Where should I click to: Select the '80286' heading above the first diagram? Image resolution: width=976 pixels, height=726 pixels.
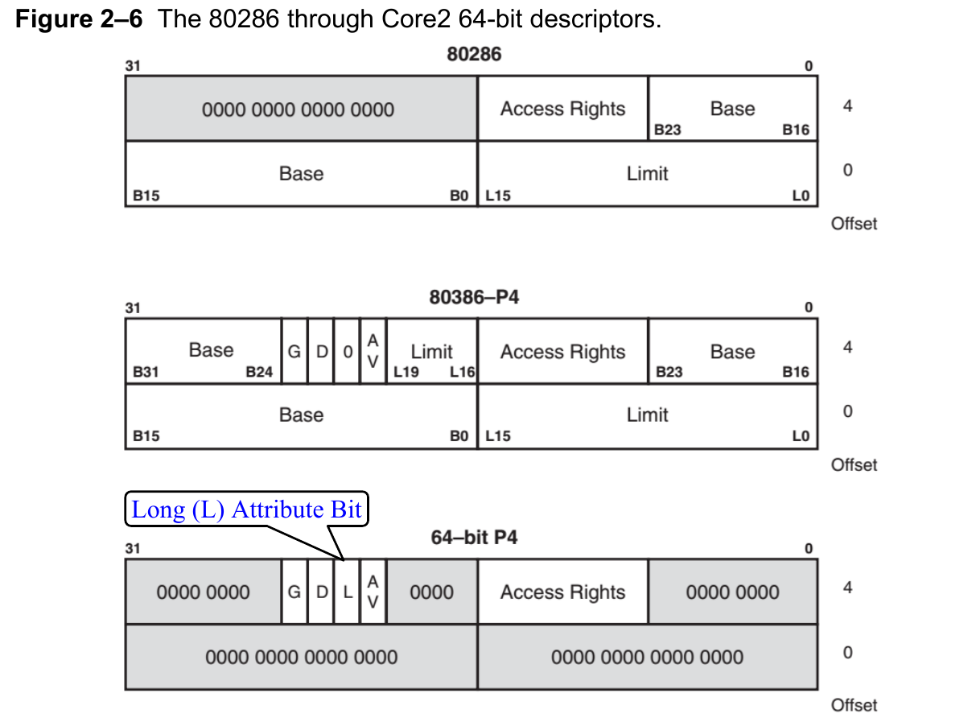click(x=474, y=55)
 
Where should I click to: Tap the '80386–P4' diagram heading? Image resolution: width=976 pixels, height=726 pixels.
click(x=474, y=297)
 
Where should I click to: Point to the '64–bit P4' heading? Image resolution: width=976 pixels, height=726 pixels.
click(x=474, y=537)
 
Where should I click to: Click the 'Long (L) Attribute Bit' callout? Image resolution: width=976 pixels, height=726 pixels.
click(x=246, y=509)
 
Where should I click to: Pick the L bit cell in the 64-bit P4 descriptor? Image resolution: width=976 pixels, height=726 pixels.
click(x=348, y=592)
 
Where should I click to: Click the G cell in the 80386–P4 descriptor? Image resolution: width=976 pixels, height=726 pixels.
click(x=294, y=352)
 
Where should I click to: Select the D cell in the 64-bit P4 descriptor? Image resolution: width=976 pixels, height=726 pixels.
click(x=321, y=592)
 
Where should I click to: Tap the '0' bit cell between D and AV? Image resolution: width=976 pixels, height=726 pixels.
click(x=348, y=352)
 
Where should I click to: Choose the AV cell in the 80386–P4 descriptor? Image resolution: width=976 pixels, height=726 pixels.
click(x=373, y=352)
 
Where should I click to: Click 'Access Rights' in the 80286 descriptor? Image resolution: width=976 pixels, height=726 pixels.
click(x=562, y=109)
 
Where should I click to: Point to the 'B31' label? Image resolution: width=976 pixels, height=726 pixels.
click(x=146, y=372)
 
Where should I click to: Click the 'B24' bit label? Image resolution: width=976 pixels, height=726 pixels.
click(x=260, y=372)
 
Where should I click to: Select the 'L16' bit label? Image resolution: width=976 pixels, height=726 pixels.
click(x=462, y=372)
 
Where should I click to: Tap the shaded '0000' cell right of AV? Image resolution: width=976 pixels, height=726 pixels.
click(x=432, y=592)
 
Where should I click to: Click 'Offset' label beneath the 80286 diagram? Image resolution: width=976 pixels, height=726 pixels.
click(x=854, y=224)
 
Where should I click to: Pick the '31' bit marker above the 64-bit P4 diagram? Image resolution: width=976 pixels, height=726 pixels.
click(x=133, y=549)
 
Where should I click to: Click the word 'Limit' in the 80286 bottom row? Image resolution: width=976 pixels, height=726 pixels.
click(x=648, y=173)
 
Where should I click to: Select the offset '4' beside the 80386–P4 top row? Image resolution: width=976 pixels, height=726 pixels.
click(x=847, y=347)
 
